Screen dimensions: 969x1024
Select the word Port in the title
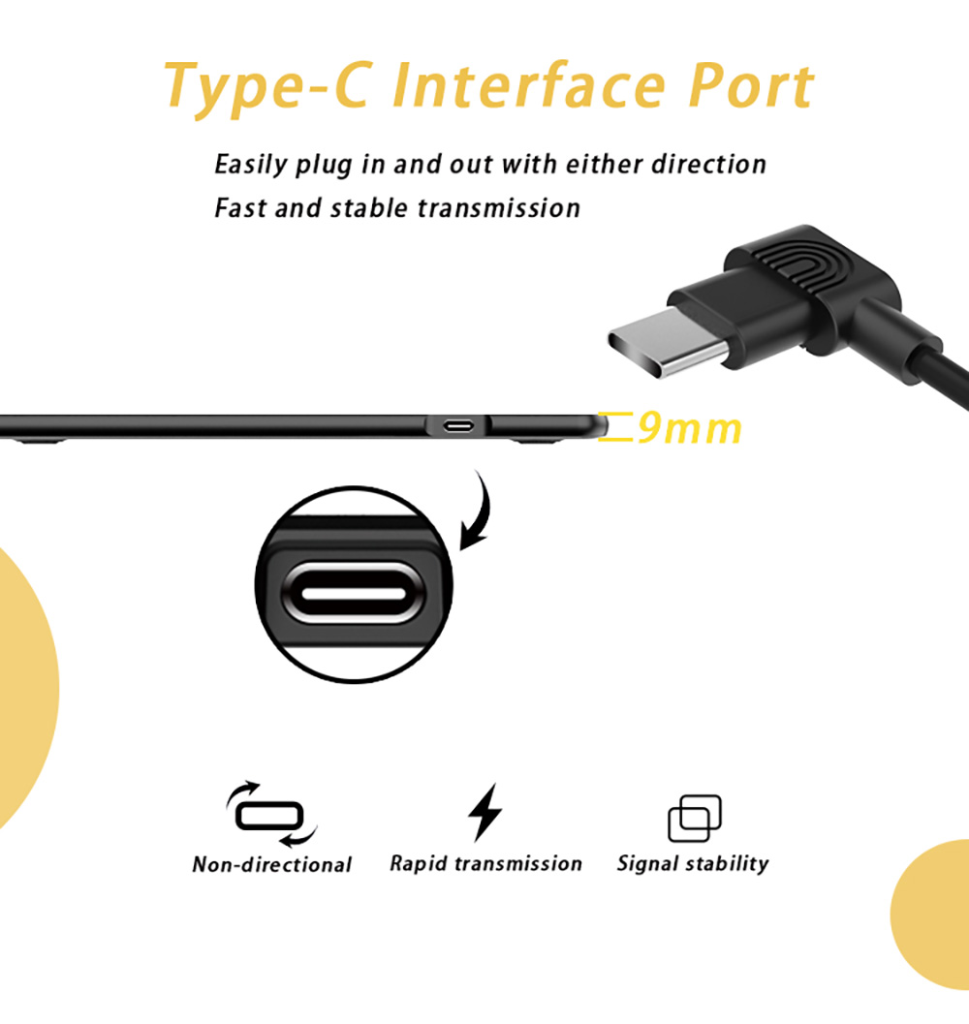751,85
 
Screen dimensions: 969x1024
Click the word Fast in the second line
239,208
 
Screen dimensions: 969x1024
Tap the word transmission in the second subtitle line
498,208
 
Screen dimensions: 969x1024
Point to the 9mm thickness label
689,428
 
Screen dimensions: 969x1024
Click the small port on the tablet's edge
458,426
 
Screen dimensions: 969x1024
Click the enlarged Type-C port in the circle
354,593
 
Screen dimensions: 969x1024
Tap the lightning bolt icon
484,812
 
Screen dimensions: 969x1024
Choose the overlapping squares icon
695,819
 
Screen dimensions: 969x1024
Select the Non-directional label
272,865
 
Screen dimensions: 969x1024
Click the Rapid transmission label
485,863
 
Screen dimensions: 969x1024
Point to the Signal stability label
693,863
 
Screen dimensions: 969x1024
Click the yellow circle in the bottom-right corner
931,915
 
